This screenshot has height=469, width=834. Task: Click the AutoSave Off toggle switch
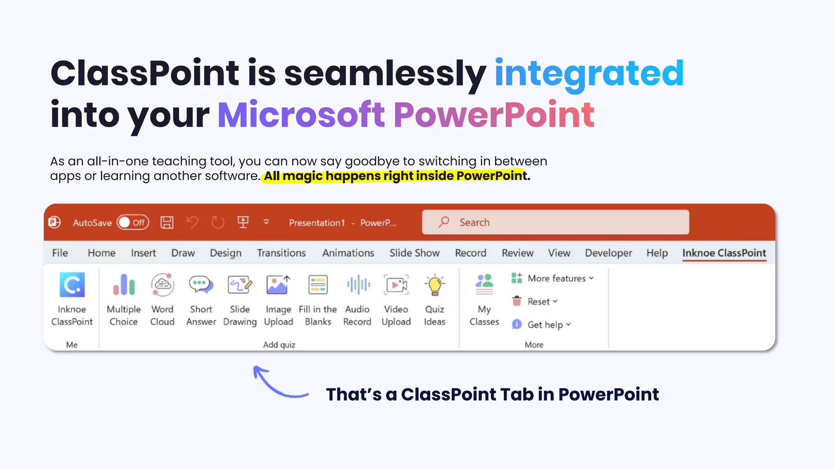tap(133, 222)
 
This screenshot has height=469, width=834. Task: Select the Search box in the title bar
tap(555, 222)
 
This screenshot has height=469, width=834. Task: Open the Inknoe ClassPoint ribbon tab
tap(724, 253)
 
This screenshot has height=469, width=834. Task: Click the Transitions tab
tap(281, 253)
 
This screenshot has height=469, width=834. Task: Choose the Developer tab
tap(608, 253)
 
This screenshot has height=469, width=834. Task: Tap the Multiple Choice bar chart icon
tap(124, 285)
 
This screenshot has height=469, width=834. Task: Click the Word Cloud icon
tap(162, 285)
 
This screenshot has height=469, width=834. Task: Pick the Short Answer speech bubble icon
tap(201, 285)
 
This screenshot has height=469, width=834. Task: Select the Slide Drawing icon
tap(240, 285)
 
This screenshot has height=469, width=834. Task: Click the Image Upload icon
tap(279, 285)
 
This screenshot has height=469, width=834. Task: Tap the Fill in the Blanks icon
tap(318, 285)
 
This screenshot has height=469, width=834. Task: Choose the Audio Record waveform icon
tap(358, 285)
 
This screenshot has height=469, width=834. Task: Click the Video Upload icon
tap(396, 285)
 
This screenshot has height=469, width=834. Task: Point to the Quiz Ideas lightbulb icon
tap(435, 285)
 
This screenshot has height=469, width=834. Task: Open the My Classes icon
tap(484, 285)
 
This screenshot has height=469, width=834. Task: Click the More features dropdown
tap(553, 278)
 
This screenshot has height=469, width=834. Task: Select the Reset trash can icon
tap(517, 301)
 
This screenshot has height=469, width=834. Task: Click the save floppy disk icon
tap(167, 222)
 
